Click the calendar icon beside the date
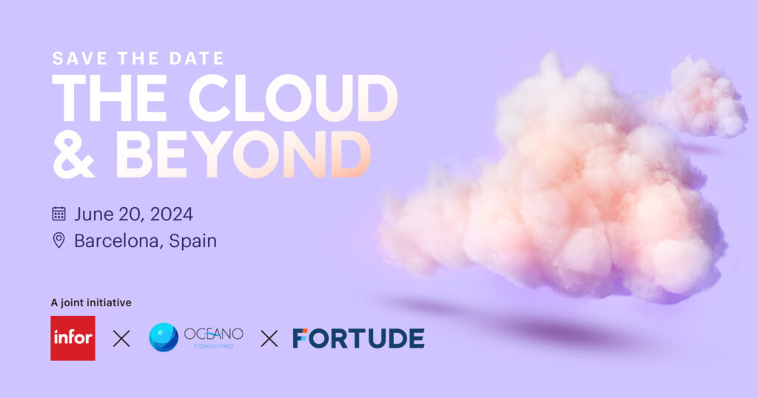coord(59,214)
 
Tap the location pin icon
coord(59,240)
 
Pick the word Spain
coord(192,241)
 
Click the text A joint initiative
coord(90,302)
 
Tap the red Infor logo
coord(73,338)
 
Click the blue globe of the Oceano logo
coord(163,337)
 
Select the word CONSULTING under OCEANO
coord(214,345)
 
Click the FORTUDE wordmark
coord(358,338)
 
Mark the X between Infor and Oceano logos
coord(121,339)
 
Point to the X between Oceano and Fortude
coord(269,339)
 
